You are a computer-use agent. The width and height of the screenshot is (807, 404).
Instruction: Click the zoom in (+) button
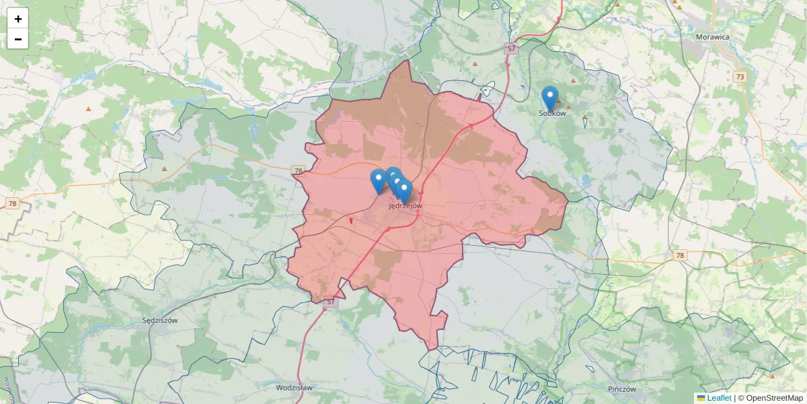tap(18, 19)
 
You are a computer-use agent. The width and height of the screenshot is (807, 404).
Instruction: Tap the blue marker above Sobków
tap(550, 98)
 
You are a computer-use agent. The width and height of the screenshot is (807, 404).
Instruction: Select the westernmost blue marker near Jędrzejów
tap(379, 180)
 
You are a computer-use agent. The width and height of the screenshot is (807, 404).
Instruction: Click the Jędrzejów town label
tap(406, 206)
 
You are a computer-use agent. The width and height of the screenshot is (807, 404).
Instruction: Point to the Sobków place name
tap(552, 113)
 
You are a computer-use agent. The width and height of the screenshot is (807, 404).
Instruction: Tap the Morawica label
tap(713, 37)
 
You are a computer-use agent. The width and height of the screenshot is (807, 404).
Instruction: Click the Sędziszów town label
tap(160, 321)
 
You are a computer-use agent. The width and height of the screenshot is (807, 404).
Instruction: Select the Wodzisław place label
tap(294, 388)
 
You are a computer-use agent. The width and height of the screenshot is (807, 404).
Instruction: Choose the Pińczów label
tap(621, 389)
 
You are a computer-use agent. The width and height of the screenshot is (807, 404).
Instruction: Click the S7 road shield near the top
tap(512, 48)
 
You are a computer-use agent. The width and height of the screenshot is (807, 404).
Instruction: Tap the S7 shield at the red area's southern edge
tap(330, 302)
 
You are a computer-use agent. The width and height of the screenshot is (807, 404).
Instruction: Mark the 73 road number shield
tap(740, 77)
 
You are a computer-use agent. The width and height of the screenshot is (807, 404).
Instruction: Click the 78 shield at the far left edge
tap(12, 203)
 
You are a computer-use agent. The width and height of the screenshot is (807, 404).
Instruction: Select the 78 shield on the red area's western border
tap(298, 171)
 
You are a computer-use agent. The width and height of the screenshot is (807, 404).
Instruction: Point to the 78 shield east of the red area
tap(681, 255)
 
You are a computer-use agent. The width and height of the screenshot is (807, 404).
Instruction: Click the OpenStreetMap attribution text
tap(774, 398)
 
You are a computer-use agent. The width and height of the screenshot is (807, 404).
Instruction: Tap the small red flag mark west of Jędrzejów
tap(351, 221)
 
